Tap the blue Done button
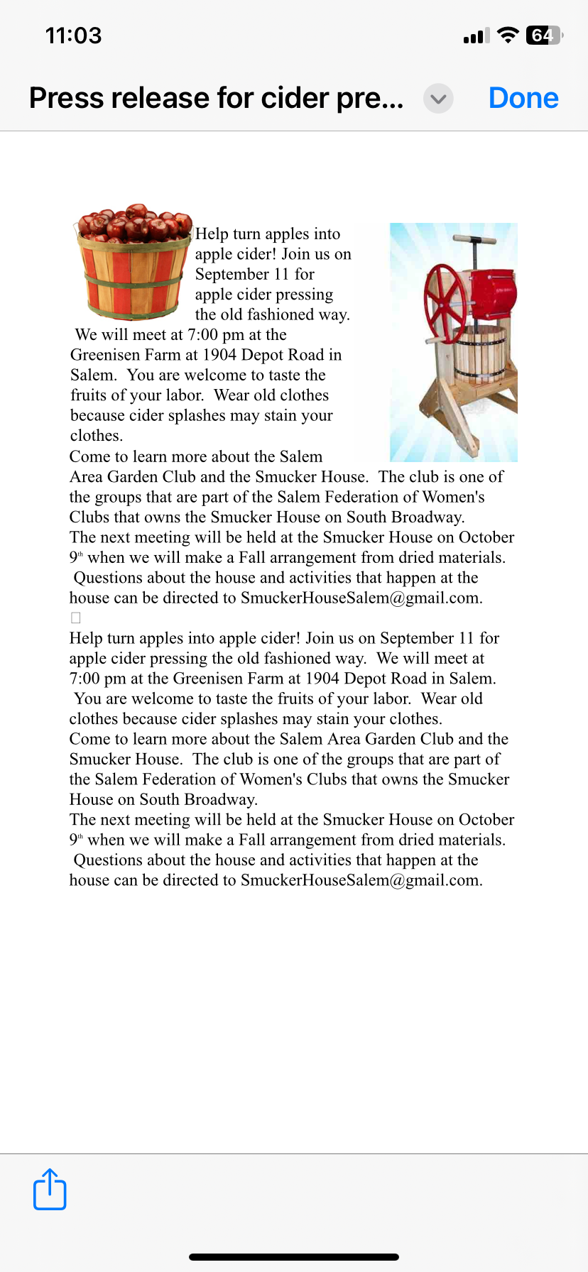tap(523, 98)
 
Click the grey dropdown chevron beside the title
tap(438, 99)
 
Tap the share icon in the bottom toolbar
tap(50, 1189)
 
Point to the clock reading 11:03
tap(73, 35)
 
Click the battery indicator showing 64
tap(544, 35)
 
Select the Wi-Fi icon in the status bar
tap(508, 35)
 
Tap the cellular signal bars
tap(476, 35)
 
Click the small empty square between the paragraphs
tap(76, 618)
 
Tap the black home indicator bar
tap(294, 1256)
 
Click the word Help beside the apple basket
tap(212, 234)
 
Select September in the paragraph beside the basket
tap(232, 274)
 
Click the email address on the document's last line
tap(361, 880)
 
